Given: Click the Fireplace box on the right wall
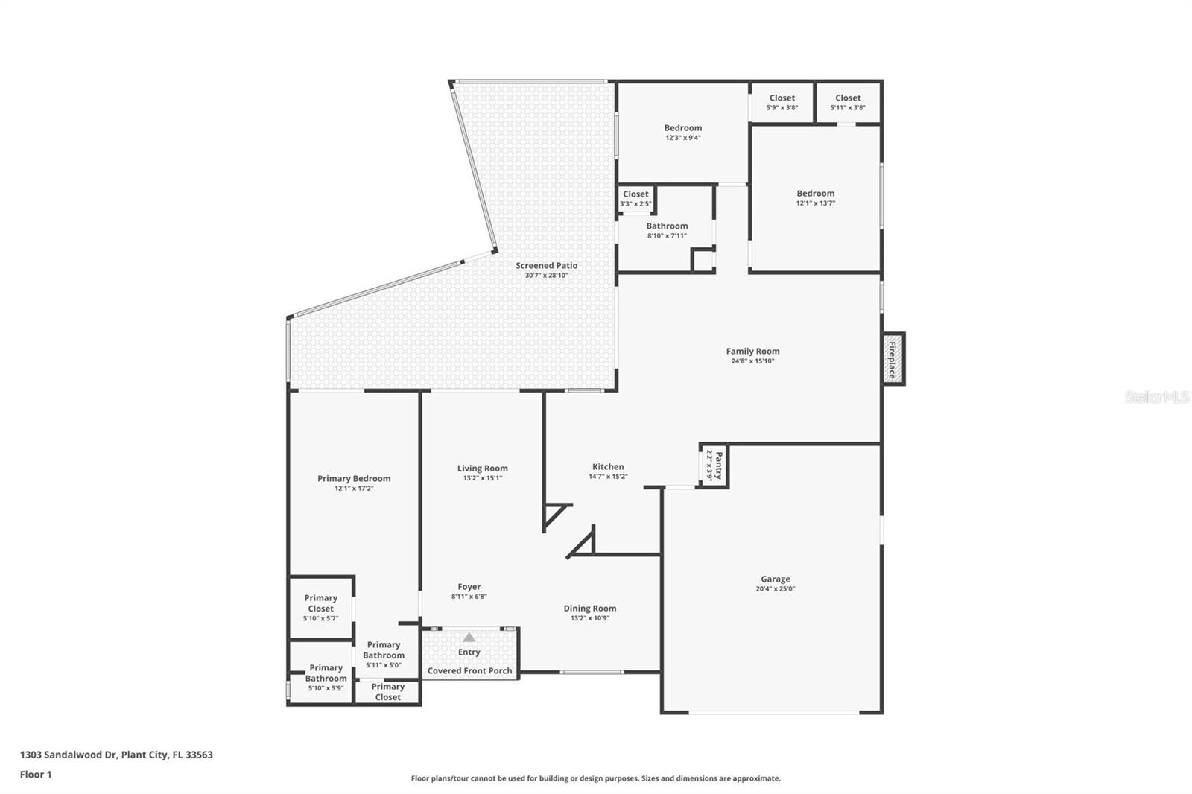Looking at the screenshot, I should (893, 359).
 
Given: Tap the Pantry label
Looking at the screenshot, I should (714, 466).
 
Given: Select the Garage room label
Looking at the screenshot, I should (775, 579).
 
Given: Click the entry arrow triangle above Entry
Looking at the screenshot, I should (469, 638).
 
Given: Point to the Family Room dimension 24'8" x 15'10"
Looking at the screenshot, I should (752, 361).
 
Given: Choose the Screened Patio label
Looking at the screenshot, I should (546, 265).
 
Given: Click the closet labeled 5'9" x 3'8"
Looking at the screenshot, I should (782, 102).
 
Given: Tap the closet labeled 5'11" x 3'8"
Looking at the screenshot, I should (848, 102).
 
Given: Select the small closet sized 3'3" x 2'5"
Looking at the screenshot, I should (635, 198).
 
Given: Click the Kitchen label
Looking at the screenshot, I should (608, 467).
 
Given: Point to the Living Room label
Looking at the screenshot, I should (482, 469).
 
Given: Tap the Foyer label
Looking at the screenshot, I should (469, 587).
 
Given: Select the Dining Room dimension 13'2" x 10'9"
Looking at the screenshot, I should (589, 617).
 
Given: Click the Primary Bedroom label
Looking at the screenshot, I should (354, 479).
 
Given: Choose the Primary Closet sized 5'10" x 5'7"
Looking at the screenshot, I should (320, 608).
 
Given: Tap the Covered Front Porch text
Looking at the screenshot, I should (469, 670).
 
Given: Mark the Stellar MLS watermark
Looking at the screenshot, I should (1156, 397).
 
